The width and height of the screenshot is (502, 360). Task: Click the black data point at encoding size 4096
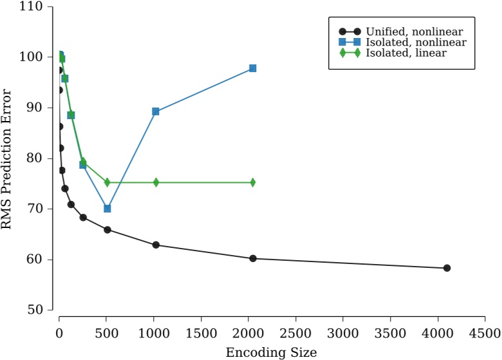coord(447,268)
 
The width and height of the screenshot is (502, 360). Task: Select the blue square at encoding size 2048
coord(253,68)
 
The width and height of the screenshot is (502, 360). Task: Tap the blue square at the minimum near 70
coord(107,209)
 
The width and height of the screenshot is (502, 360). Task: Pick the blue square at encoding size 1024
coord(156,111)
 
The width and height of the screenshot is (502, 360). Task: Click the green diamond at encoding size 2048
coord(253,182)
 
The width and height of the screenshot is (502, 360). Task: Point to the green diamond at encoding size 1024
coord(156,182)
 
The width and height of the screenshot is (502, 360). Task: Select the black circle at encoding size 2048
coord(253,258)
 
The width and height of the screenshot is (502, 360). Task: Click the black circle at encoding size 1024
coord(156,245)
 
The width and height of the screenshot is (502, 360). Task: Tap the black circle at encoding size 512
coord(107,230)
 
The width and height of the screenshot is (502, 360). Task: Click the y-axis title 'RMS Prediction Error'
coord(7,158)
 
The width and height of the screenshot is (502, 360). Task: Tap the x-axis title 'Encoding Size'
coord(271,352)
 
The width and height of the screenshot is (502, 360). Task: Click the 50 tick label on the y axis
coord(35,310)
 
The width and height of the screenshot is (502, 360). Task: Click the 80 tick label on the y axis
coord(35,158)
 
